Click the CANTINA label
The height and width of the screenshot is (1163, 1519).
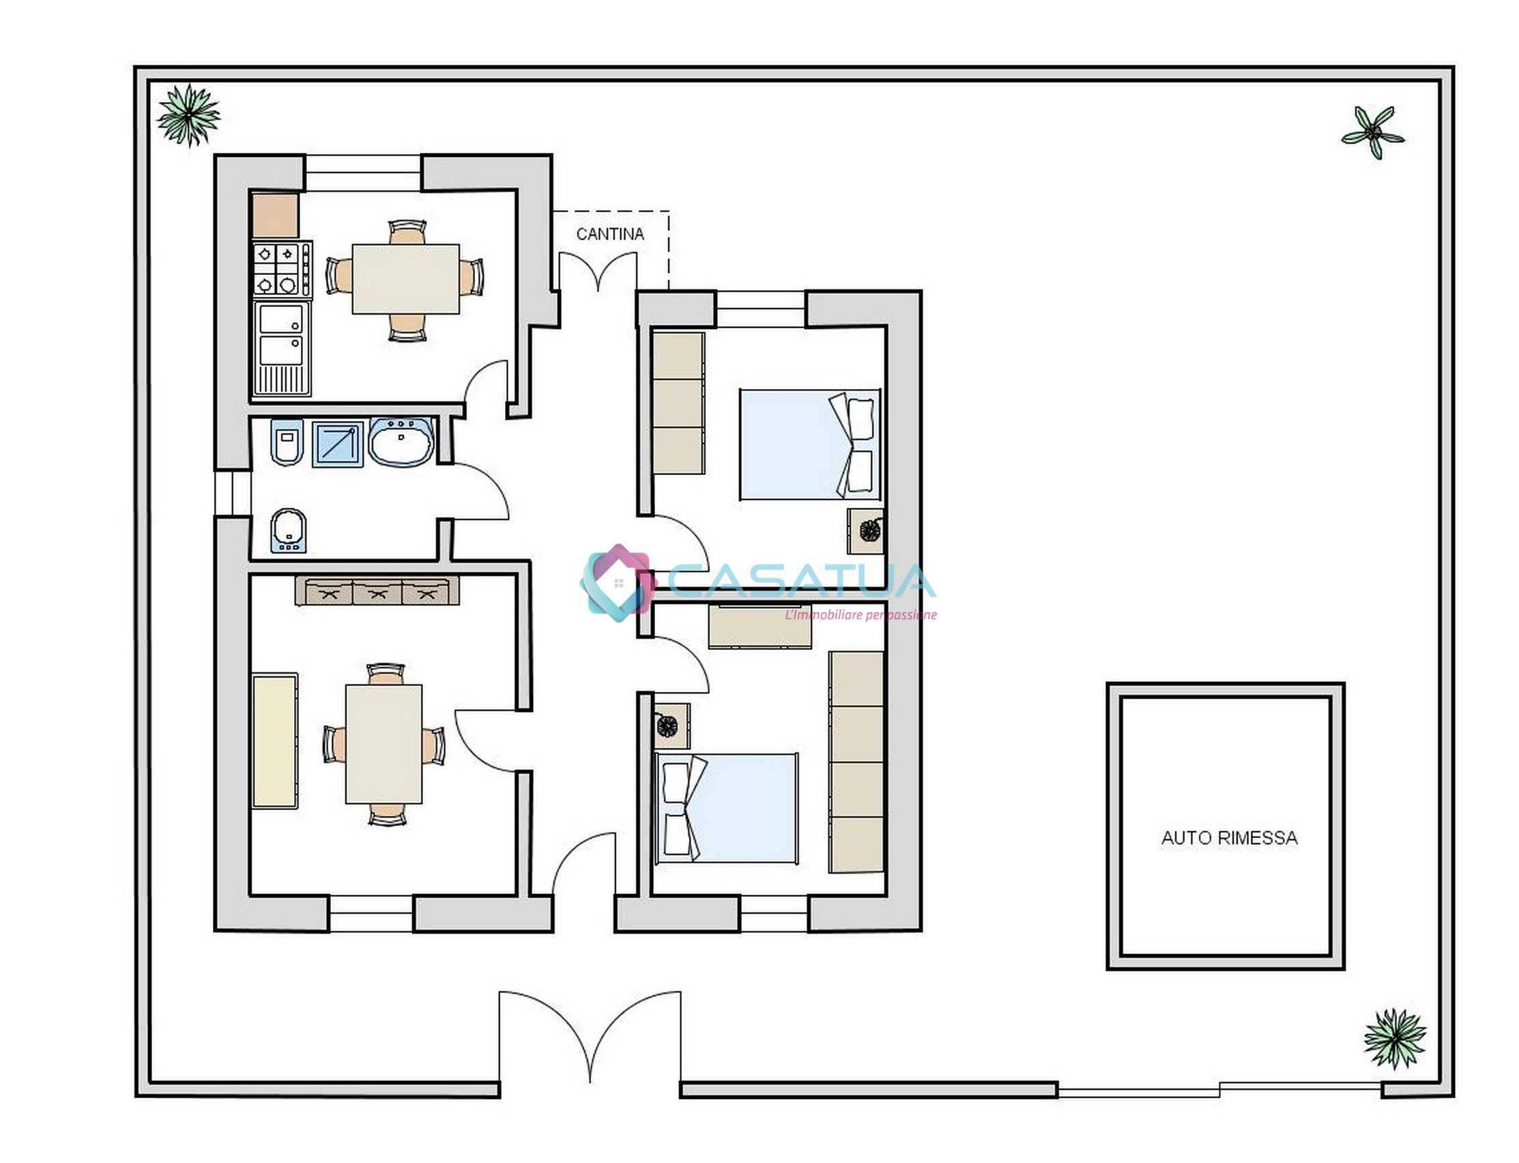tap(609, 234)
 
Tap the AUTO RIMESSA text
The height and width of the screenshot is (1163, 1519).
tap(1229, 837)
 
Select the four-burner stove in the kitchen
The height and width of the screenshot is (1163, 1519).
tap(283, 269)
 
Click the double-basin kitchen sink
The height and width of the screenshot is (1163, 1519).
tap(282, 348)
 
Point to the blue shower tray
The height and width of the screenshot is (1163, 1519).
tap(337, 444)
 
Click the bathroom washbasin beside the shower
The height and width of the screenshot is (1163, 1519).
tap(401, 441)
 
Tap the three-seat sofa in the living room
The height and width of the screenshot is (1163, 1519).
tap(377, 590)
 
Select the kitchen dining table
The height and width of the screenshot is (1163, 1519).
tap(405, 279)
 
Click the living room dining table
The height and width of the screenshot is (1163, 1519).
tap(384, 744)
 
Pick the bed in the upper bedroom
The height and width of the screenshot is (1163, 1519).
tap(810, 444)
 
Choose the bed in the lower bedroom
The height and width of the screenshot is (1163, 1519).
tap(727, 809)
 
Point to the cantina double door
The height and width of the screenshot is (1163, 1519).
tap(598, 271)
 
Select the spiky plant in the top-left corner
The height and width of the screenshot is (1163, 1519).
tap(188, 115)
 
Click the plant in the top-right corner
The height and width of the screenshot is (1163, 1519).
tap(1372, 132)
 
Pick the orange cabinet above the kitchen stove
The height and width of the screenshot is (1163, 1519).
tap(276, 215)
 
